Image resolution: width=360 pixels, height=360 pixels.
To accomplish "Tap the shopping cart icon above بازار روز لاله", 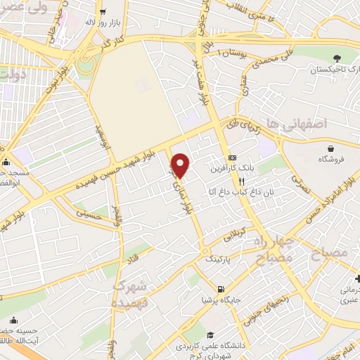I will pyautogui.click(x=103, y=11).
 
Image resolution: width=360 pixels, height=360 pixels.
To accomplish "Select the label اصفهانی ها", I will pyautogui.click(x=302, y=124).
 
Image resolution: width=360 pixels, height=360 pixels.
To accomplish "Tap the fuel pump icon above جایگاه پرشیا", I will pyautogui.click(x=221, y=289).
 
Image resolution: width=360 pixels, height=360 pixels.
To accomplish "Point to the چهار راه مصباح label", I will pyautogui.click(x=271, y=251).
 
